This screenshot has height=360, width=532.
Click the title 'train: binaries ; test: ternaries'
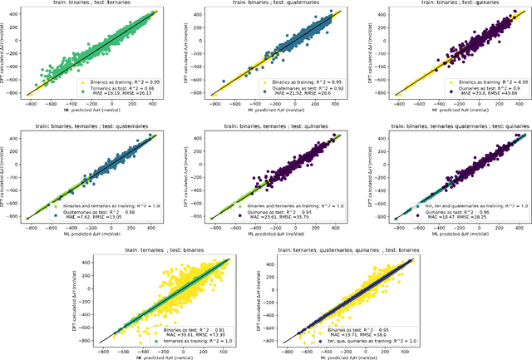coord(88,4)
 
